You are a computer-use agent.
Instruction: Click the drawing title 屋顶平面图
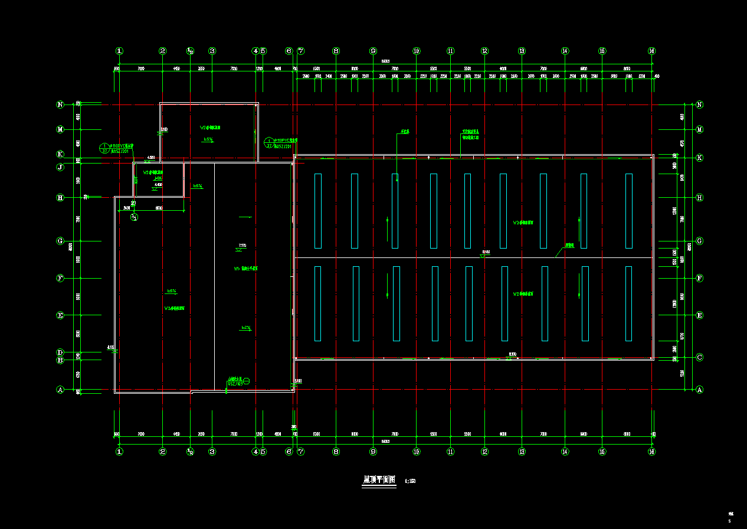click(x=378, y=480)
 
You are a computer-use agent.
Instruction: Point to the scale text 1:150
click(x=411, y=481)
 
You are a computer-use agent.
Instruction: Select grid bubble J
click(x=60, y=167)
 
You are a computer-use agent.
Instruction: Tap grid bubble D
click(x=60, y=352)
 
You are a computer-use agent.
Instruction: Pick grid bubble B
click(x=60, y=360)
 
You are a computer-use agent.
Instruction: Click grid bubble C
click(x=700, y=357)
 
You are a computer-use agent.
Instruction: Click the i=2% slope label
click(x=246, y=328)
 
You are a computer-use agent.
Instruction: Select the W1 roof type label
click(x=245, y=269)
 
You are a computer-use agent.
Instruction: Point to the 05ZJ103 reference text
click(x=235, y=384)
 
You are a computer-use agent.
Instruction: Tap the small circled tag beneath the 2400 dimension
click(x=134, y=217)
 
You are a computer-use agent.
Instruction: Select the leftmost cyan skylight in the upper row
click(x=318, y=211)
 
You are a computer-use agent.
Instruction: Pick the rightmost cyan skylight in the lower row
click(x=628, y=303)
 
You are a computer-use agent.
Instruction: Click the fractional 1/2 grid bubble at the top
click(x=190, y=51)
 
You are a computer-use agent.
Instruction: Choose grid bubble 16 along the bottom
click(x=651, y=452)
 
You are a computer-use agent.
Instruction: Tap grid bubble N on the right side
click(x=700, y=105)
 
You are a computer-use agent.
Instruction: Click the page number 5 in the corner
click(x=729, y=521)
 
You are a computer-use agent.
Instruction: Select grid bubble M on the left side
click(x=60, y=129)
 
